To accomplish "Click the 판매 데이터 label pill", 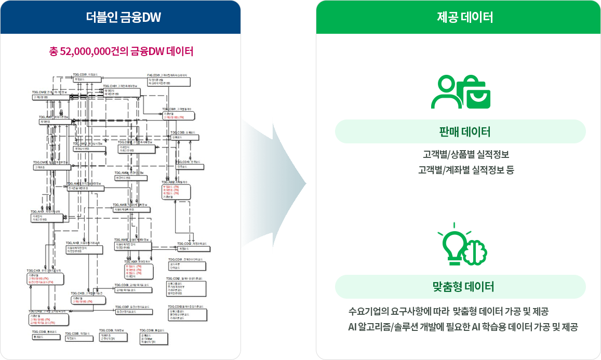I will (x=460, y=131).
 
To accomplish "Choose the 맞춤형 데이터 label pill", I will (x=460, y=287).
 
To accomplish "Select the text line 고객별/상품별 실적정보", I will (x=465, y=155).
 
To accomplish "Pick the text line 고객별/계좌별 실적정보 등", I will (x=465, y=170).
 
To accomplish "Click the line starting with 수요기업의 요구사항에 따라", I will (x=448, y=312).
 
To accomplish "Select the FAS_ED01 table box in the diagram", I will (x=169, y=82).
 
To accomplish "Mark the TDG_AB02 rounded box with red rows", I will (x=176, y=191).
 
